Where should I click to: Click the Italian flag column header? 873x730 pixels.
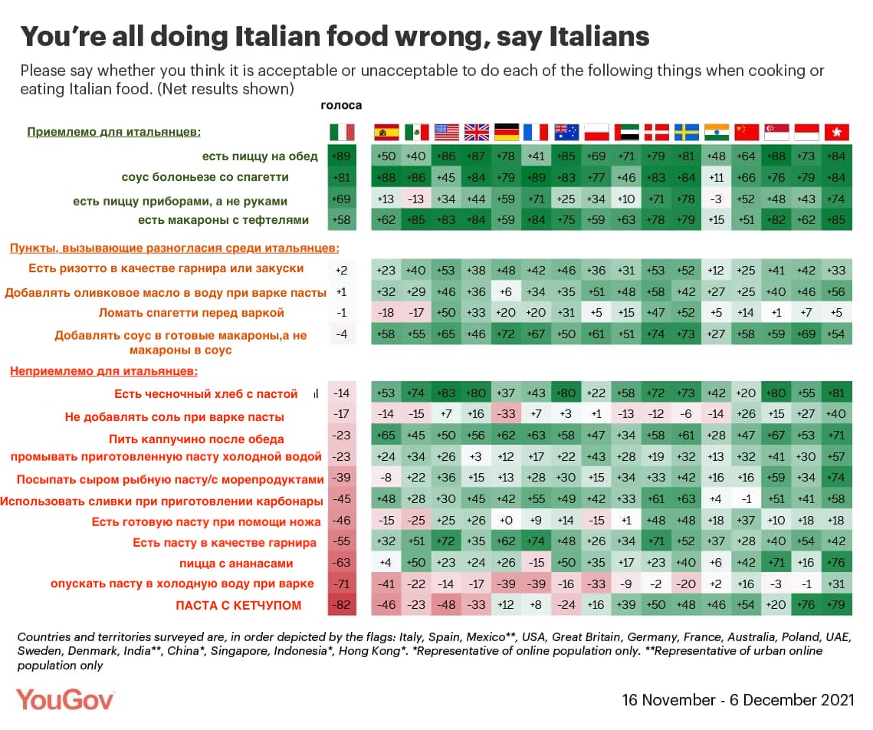[x=342, y=132]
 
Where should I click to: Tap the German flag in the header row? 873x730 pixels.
[x=506, y=132]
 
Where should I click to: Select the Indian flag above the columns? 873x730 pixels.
[x=716, y=132]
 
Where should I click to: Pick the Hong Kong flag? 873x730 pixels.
[x=835, y=132]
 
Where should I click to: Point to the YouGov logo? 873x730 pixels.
[x=66, y=699]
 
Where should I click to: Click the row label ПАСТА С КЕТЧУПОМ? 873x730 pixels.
[x=239, y=606]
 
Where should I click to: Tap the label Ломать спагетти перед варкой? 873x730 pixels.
[x=192, y=313]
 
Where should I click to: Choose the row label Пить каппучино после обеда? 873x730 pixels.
[x=197, y=439]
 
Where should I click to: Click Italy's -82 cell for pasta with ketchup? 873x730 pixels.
[x=342, y=606]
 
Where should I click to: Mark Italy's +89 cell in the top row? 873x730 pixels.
[x=342, y=156]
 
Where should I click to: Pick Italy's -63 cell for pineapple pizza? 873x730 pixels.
[x=342, y=563]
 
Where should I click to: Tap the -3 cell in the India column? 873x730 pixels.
[x=716, y=201]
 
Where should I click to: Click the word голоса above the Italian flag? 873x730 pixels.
[x=341, y=106]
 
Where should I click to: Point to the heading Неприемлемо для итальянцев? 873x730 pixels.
[x=103, y=372]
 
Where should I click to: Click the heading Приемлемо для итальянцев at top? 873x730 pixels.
[x=114, y=132]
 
